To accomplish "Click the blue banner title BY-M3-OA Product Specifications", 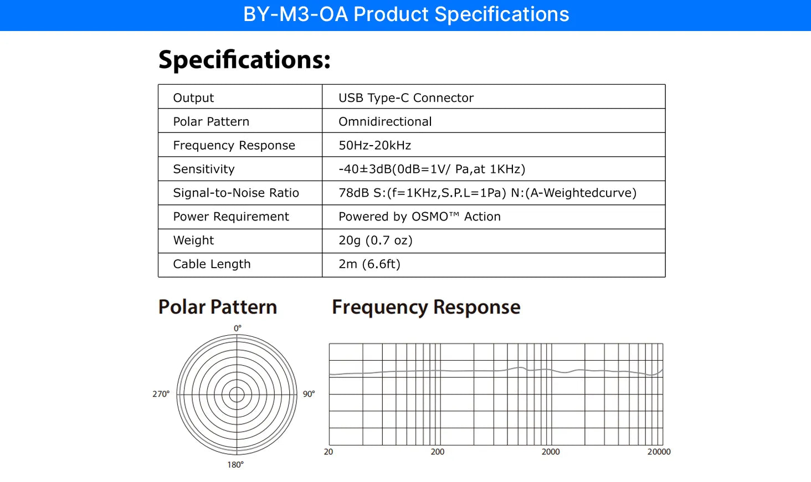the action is [x=406, y=14].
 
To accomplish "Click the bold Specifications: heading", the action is [x=244, y=60].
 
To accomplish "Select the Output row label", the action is [x=193, y=98].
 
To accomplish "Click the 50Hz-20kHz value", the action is [x=374, y=145].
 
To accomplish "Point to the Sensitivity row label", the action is [x=204, y=169].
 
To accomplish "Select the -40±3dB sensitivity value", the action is [x=432, y=169].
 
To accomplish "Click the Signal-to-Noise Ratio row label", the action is [x=236, y=193].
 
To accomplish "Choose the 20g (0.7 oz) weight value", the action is [x=376, y=240].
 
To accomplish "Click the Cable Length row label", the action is [x=212, y=264].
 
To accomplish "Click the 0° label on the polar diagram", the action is [x=238, y=328].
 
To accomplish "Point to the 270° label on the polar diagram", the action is [x=161, y=394].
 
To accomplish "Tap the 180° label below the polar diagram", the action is [x=235, y=465].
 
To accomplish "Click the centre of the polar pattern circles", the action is [x=237, y=394].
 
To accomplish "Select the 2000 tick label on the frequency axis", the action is [x=550, y=452].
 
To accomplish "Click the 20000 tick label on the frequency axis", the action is [x=659, y=452].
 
